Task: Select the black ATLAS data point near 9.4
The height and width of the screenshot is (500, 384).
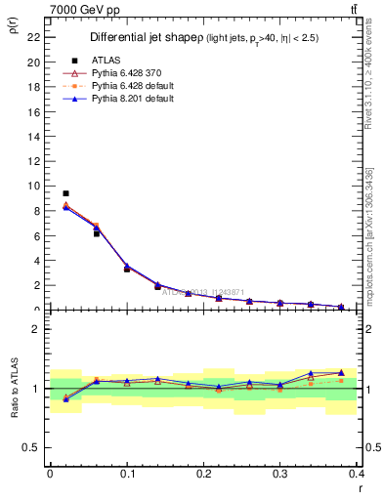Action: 65,193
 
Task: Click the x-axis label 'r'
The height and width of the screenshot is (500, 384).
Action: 359,488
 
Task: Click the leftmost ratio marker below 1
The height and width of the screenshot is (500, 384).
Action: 65,398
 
